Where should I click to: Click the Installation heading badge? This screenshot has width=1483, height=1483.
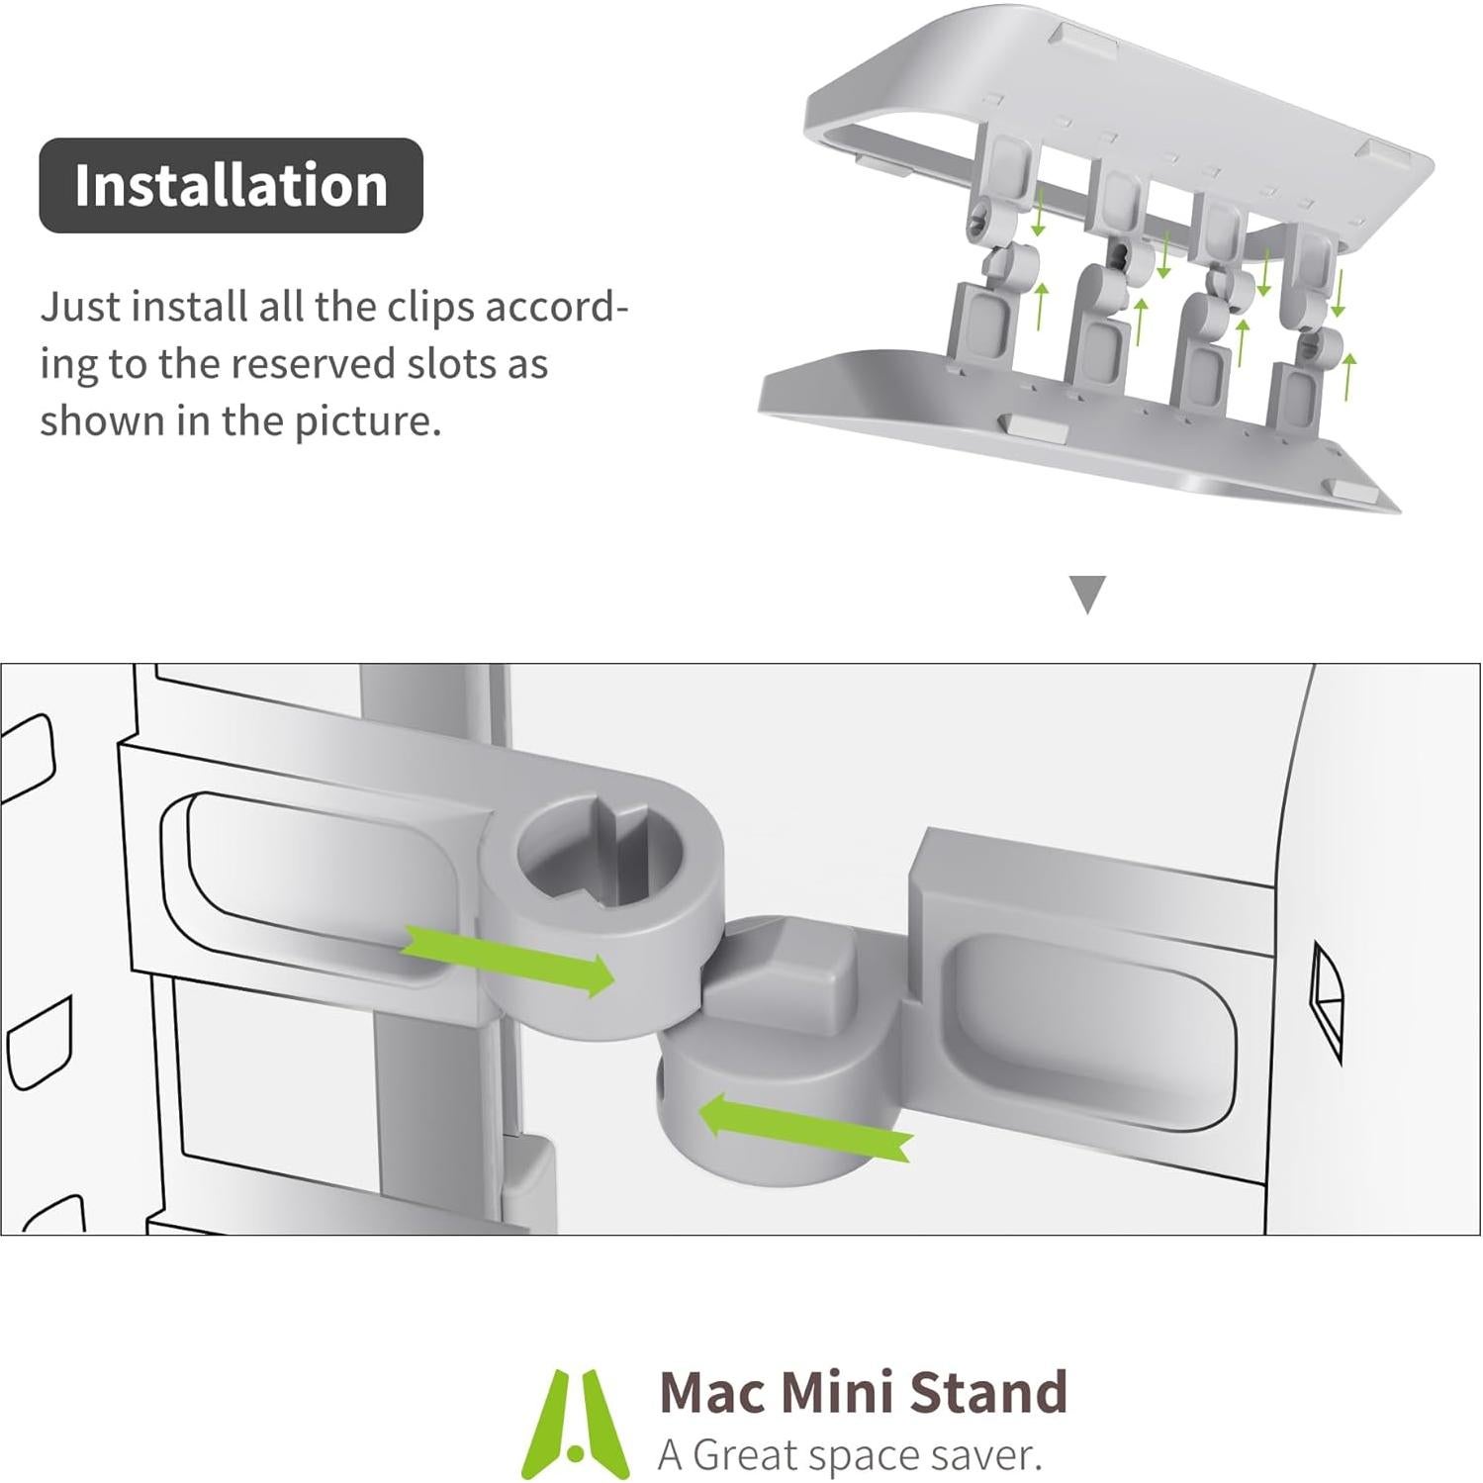pyautogui.click(x=231, y=185)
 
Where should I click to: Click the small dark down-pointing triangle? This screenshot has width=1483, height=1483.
pyautogui.click(x=1088, y=595)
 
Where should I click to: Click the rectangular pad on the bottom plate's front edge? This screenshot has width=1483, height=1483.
pyautogui.click(x=1031, y=427)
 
